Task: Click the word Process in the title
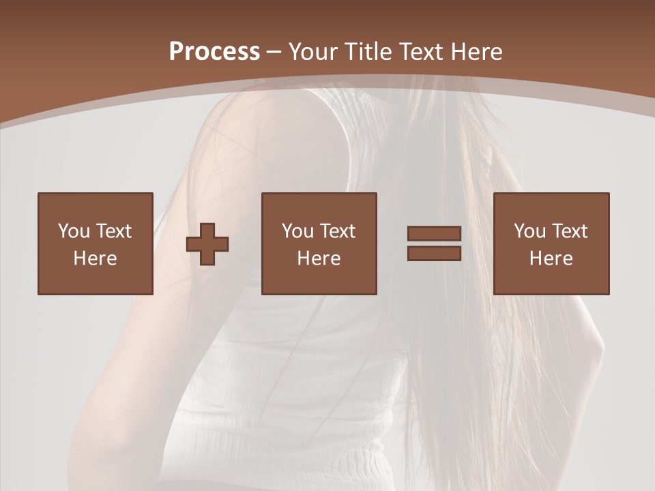[x=214, y=52]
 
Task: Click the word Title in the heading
[x=366, y=52]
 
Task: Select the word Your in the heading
[x=314, y=52]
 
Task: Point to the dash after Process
[x=274, y=53]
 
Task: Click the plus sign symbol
[x=207, y=243]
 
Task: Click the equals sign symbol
[x=434, y=243]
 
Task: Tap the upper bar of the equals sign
[x=434, y=234]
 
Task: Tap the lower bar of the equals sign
[x=434, y=253]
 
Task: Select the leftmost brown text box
[x=95, y=243]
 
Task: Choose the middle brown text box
[x=319, y=243]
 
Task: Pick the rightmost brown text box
[x=551, y=243]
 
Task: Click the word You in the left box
[x=73, y=231]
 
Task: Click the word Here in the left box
[x=95, y=258]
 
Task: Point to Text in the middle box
[x=337, y=231]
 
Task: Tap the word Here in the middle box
[x=319, y=258]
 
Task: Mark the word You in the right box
[x=529, y=231]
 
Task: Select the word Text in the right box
[x=569, y=231]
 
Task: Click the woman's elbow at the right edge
[x=598, y=348]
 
